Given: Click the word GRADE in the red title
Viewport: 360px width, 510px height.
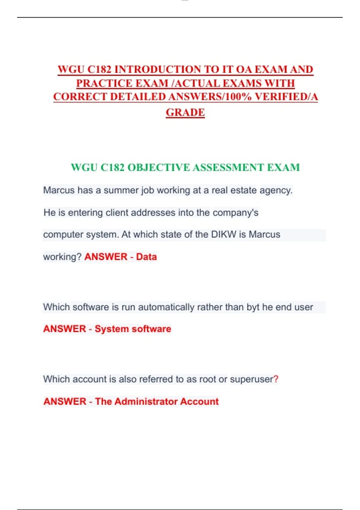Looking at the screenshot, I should tap(185, 112).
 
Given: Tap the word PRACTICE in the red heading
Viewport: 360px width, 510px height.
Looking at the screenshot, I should tap(104, 83).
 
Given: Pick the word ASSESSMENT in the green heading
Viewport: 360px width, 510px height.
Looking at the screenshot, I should tap(228, 167).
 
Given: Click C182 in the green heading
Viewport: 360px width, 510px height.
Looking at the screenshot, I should tap(112, 167).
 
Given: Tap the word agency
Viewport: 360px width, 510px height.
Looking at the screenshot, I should tap(276, 190).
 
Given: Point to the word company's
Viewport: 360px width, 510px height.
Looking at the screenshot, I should tap(235, 212).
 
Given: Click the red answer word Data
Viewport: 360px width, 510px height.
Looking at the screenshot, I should tap(146, 257).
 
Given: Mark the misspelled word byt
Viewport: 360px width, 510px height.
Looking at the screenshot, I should tap(253, 307).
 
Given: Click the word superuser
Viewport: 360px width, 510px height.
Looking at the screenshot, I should tap(251, 379).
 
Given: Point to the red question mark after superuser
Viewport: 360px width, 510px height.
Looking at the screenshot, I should tap(276, 379).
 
